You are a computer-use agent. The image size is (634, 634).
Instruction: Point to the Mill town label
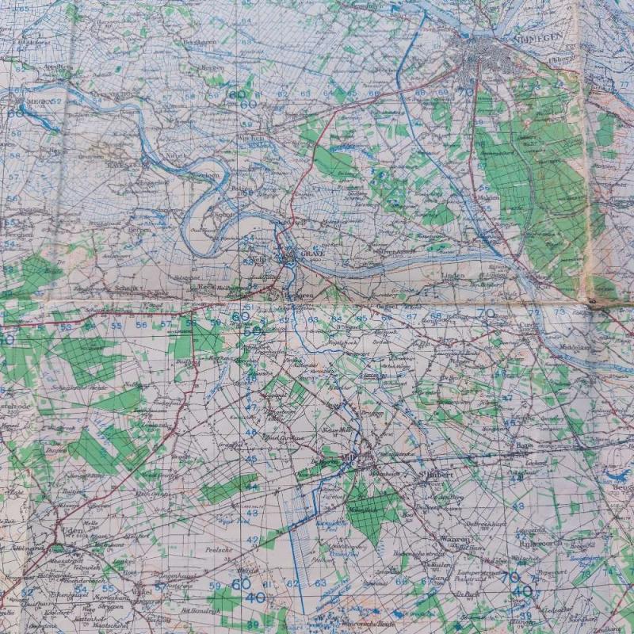349,458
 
